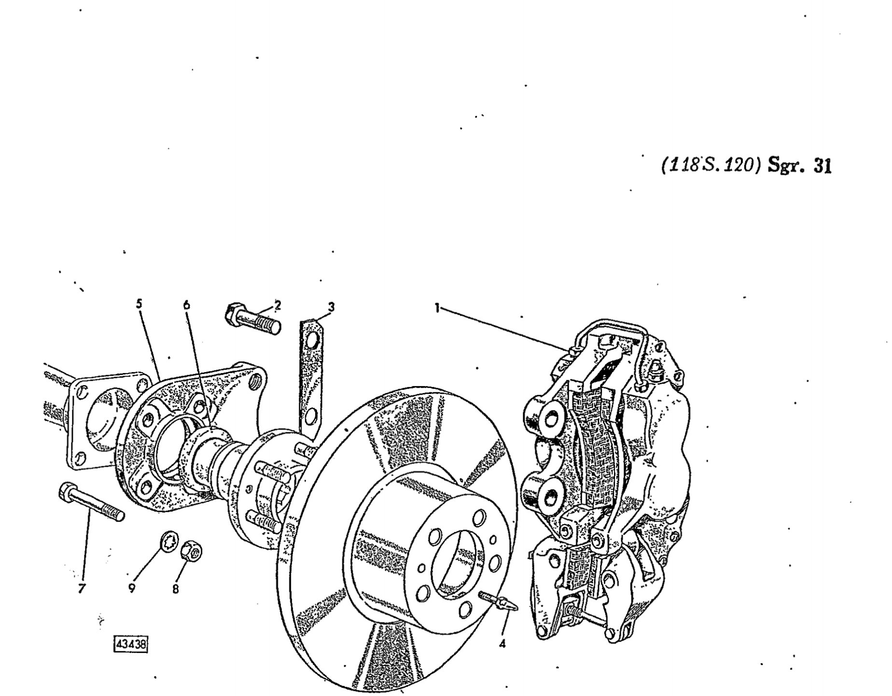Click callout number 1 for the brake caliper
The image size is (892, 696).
click(437, 308)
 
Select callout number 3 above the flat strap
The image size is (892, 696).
click(331, 307)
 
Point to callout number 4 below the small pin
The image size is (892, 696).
click(502, 643)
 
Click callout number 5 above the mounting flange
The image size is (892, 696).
click(139, 304)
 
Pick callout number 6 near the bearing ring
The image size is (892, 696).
click(187, 305)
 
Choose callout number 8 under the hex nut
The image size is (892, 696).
click(176, 589)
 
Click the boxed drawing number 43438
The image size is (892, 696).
click(130, 645)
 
